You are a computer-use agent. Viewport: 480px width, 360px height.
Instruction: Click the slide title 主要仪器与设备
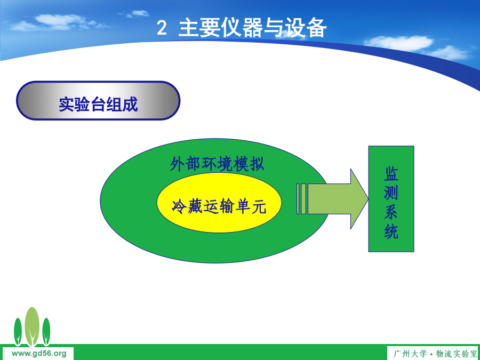253,28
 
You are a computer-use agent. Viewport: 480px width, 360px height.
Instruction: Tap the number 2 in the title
162,28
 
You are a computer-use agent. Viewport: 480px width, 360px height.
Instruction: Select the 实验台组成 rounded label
98,101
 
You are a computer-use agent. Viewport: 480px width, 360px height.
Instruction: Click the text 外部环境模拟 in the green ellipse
217,164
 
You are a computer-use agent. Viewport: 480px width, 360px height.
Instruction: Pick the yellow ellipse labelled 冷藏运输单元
219,203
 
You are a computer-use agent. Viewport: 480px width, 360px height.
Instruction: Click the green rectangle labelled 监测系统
391,199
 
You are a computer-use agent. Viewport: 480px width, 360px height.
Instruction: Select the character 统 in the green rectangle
391,231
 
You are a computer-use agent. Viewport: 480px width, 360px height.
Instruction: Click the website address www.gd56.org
39,354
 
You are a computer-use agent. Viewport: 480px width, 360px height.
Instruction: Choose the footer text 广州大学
410,354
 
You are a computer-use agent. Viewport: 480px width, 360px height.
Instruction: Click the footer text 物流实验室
457,354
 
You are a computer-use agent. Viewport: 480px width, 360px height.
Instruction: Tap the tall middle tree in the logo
32,326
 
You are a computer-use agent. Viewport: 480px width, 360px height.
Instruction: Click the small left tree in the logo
18,332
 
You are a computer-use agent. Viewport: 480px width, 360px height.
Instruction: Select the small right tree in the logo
46,332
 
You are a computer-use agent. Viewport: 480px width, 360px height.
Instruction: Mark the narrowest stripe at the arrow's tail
298,199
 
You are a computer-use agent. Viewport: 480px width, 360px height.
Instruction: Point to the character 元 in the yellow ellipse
259,206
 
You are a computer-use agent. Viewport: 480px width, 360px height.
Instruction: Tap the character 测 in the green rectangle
391,193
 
